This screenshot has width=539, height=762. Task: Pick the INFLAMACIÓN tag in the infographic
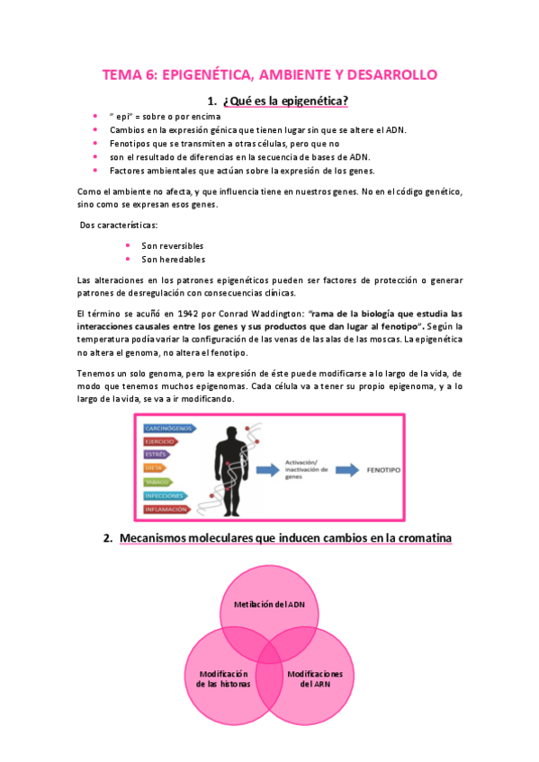click(x=166, y=509)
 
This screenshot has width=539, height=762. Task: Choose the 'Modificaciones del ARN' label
click(x=314, y=678)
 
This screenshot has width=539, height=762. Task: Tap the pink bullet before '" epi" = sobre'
click(x=96, y=117)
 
